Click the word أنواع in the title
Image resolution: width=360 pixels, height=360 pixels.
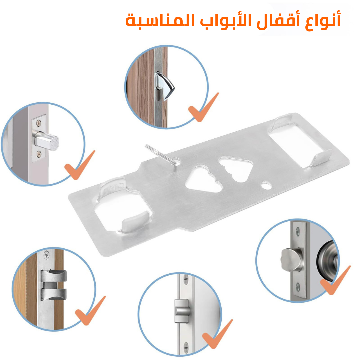(x=323, y=21)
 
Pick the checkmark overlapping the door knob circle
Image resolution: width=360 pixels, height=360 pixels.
(x=335, y=280)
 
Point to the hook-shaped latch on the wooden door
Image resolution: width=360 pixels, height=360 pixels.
(x=164, y=86)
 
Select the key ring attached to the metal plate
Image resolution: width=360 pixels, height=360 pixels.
(x=162, y=155)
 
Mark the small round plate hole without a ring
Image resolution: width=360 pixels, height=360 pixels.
(x=266, y=186)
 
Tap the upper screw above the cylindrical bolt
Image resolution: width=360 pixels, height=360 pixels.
(x=39, y=123)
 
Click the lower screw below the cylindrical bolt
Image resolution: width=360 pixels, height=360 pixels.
(x=39, y=154)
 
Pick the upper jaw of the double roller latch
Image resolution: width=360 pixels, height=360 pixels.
(x=54, y=276)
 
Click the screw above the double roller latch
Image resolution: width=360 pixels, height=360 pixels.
(x=47, y=254)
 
